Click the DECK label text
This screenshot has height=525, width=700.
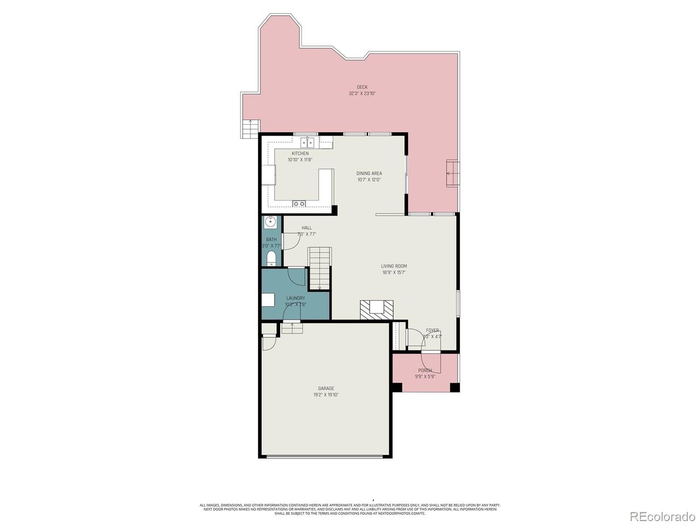(x=362, y=87)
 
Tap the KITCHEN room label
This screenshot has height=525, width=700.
(x=300, y=154)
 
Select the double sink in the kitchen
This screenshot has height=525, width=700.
(x=310, y=143)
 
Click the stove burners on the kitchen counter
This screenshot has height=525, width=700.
(x=299, y=204)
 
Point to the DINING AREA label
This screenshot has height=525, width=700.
(x=369, y=173)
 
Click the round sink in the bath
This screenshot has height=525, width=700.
(x=270, y=222)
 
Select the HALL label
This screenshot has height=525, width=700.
(x=306, y=228)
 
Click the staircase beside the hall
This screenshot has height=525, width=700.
(x=319, y=268)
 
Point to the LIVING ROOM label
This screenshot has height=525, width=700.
(x=394, y=266)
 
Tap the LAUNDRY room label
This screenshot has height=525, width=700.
(x=295, y=298)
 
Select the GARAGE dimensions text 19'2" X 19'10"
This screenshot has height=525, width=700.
(x=326, y=395)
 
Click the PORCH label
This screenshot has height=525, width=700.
(x=425, y=370)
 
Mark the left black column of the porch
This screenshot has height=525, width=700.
(x=397, y=387)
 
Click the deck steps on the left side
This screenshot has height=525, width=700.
(x=250, y=128)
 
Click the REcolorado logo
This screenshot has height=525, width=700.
(x=662, y=516)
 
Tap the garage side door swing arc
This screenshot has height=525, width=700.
(x=269, y=343)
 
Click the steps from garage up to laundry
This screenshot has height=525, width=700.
(x=291, y=328)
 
